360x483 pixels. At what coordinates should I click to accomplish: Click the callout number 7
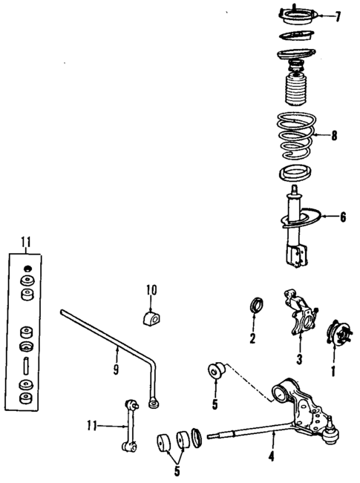tap(338, 16)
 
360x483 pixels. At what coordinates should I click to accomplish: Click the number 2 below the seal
tap(253, 339)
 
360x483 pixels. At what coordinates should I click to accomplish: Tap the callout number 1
tap(333, 367)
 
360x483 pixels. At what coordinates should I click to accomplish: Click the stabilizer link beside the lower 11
tap(132, 426)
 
